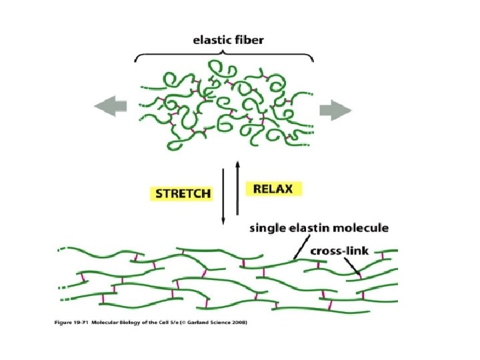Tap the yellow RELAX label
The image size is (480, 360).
tap(273, 188)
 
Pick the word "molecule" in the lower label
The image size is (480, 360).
tap(363, 229)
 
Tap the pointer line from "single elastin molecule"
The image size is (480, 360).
tap(301, 247)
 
